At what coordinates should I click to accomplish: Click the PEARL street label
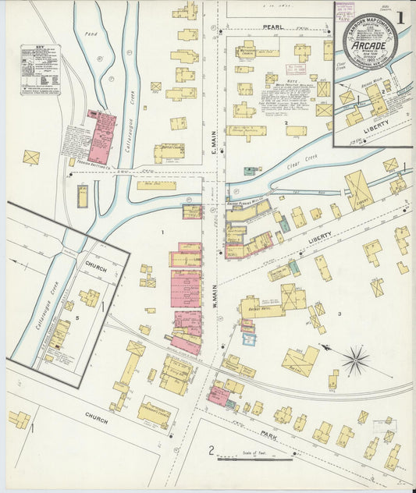pyautogui.click(x=272, y=27)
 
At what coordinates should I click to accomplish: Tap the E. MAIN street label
pyautogui.click(x=212, y=140)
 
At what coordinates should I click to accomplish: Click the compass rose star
pyautogui.click(x=355, y=360)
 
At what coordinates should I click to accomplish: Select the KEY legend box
pyautogui.click(x=40, y=69)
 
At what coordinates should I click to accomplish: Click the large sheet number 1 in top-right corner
pyautogui.click(x=399, y=16)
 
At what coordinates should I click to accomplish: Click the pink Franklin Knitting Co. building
pyautogui.click(x=101, y=137)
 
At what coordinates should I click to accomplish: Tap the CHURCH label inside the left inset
pyautogui.click(x=97, y=265)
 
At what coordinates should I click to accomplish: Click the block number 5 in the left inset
pyautogui.click(x=55, y=322)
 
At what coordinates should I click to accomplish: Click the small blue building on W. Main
pyautogui.click(x=248, y=340)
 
